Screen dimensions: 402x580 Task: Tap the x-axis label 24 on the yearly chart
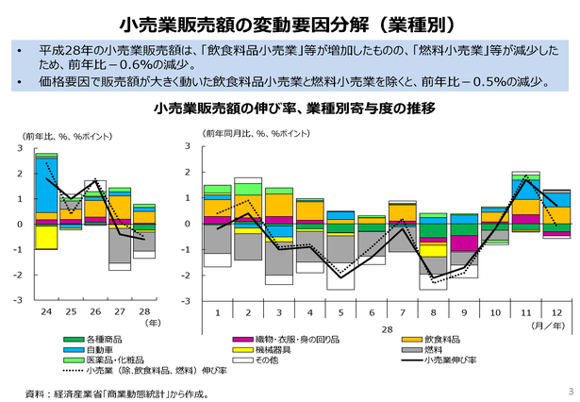[x=45, y=310]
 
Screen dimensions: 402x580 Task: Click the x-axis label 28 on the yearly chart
[x=144, y=310]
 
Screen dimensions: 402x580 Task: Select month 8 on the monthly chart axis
[x=432, y=311]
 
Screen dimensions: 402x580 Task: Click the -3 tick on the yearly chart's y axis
[x=20, y=300]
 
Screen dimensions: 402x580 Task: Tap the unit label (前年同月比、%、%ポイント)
[x=255, y=133]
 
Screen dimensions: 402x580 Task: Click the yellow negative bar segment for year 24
[x=45, y=237]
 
